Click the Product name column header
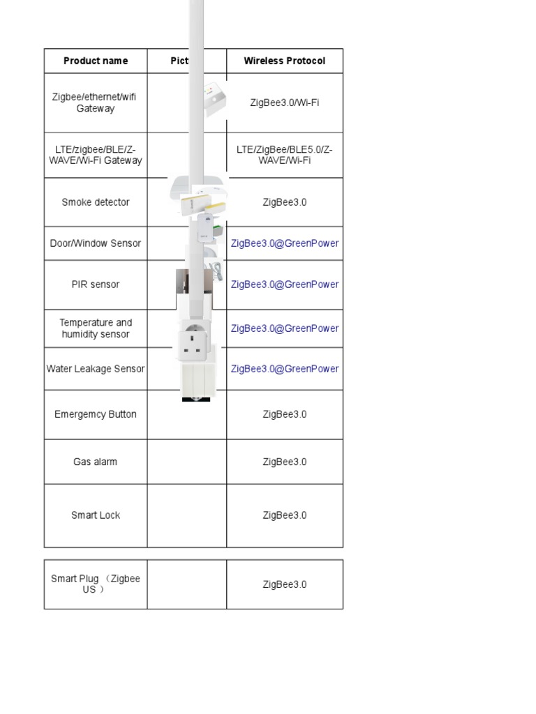point(96,61)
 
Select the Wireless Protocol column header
point(284,61)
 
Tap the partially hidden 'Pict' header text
point(179,61)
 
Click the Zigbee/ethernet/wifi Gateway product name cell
point(95,102)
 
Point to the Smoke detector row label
point(96,202)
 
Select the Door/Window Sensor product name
point(96,243)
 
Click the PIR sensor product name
point(96,284)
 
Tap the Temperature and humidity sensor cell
point(96,328)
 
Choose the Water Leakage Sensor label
point(96,369)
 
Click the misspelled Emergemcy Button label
point(96,414)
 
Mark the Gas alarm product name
point(96,462)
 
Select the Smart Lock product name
point(96,515)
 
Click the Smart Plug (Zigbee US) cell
point(96,584)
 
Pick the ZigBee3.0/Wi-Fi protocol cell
point(284,102)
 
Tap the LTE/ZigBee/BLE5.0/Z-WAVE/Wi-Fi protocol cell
point(284,155)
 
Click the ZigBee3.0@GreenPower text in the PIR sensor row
point(284,284)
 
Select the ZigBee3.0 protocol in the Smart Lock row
point(284,515)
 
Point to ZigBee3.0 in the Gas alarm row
point(284,462)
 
